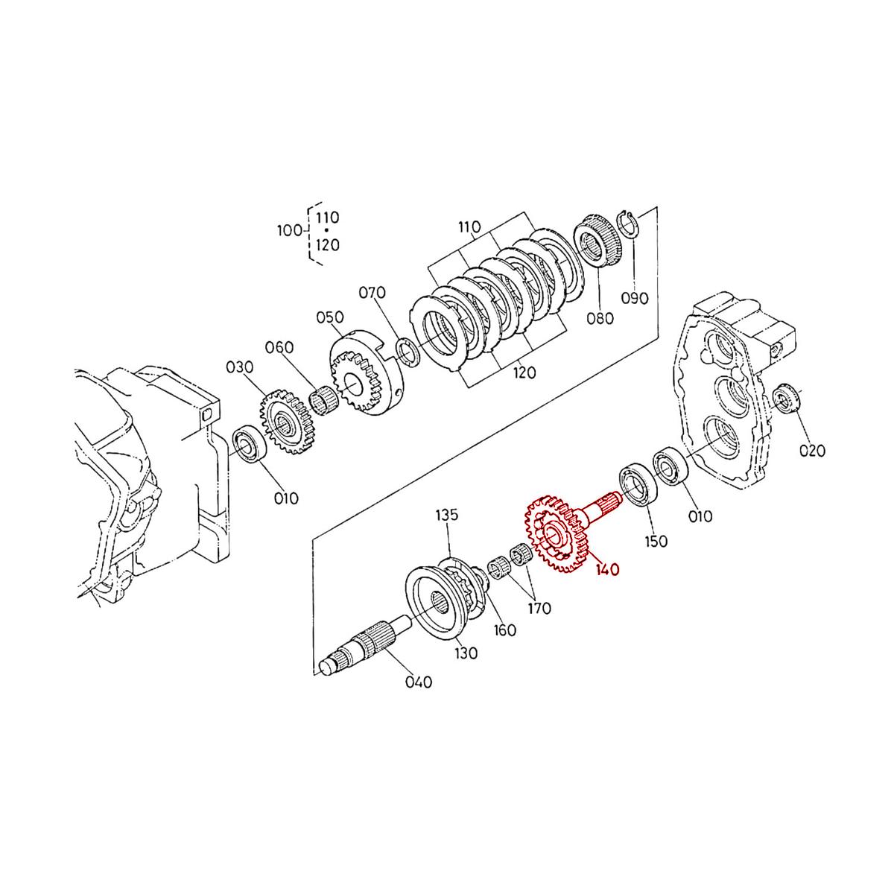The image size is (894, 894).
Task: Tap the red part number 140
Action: pos(607,570)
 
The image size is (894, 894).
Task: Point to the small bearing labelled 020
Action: pos(786,400)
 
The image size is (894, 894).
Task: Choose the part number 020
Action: pos(812,450)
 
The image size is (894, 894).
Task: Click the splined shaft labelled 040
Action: pos(365,644)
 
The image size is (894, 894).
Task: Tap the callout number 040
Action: pos(418,682)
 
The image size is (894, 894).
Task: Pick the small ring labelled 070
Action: pos(407,352)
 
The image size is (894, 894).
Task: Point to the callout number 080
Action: pos(599,318)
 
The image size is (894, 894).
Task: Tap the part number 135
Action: pos(448,515)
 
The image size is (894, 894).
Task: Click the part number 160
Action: pos(505,630)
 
